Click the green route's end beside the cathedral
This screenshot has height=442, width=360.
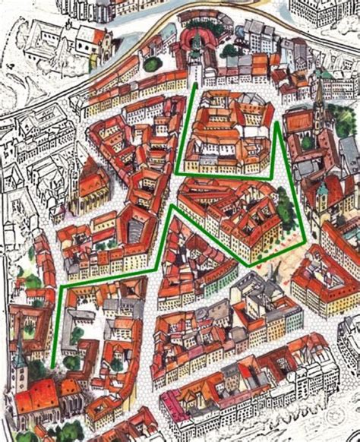tap(52, 368)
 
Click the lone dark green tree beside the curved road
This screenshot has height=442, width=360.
tap(153, 65)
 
